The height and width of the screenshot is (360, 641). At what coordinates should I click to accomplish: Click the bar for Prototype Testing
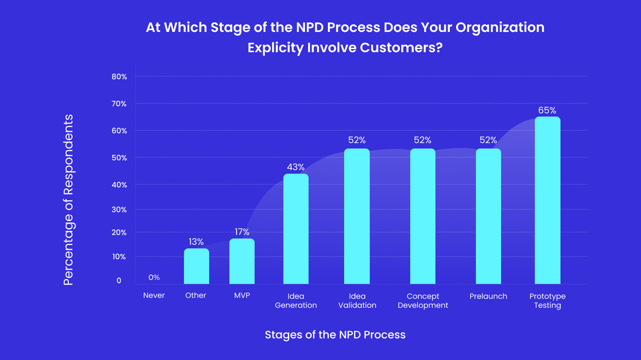pyautogui.click(x=547, y=200)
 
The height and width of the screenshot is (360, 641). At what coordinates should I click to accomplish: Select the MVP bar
pyautogui.click(x=242, y=261)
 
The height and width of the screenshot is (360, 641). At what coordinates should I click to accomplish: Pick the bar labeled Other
pyautogui.click(x=197, y=266)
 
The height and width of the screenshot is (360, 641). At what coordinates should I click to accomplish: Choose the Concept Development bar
pyautogui.click(x=423, y=216)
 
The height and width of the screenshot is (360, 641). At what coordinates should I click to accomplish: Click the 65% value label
pyautogui.click(x=547, y=110)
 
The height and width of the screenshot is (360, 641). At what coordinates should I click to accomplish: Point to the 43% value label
pyautogui.click(x=296, y=167)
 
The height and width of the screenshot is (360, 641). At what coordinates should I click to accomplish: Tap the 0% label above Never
pyautogui.click(x=154, y=278)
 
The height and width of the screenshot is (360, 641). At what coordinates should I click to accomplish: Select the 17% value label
pyautogui.click(x=242, y=232)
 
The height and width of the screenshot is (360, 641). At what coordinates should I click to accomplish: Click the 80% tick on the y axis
pyautogui.click(x=119, y=77)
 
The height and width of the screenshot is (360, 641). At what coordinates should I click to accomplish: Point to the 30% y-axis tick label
pyautogui.click(x=119, y=210)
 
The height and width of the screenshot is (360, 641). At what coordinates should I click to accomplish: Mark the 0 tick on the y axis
pyautogui.click(x=119, y=281)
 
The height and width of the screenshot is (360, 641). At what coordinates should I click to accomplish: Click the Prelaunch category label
pyautogui.click(x=488, y=296)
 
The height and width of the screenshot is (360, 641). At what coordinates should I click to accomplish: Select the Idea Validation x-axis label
pyautogui.click(x=357, y=301)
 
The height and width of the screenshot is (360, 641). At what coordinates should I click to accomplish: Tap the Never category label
pyautogui.click(x=154, y=296)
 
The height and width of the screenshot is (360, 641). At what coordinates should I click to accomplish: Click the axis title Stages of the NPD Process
pyautogui.click(x=335, y=335)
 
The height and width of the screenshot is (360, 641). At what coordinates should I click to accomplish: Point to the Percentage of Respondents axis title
pyautogui.click(x=68, y=200)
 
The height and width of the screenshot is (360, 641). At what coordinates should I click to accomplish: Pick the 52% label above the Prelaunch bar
pyautogui.click(x=488, y=140)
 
